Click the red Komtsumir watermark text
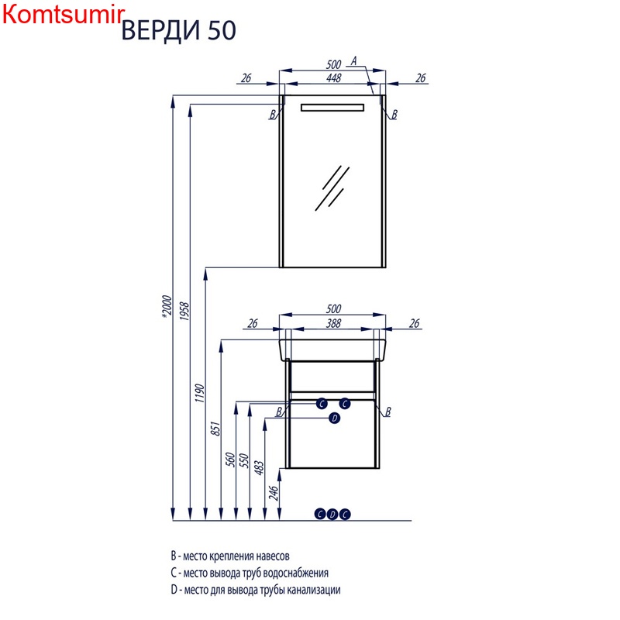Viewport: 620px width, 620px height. point(64,15)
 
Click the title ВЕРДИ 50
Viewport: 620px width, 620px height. point(179,30)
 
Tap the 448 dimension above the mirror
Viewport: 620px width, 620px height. point(333,78)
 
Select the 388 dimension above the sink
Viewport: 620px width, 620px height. point(333,323)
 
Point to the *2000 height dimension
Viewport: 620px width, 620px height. point(167,306)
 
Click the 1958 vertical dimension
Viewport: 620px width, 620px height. point(184,312)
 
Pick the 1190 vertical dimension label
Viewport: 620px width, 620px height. point(200,393)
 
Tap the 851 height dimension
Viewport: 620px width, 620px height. point(215,429)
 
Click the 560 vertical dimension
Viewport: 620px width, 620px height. point(230,460)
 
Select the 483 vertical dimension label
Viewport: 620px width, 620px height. point(259,468)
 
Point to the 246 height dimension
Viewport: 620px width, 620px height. point(274,493)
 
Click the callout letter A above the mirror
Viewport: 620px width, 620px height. point(354,61)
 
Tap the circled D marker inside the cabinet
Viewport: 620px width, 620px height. point(335,418)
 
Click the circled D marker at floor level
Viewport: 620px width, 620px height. point(332,514)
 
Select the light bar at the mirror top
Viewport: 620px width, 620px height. point(332,108)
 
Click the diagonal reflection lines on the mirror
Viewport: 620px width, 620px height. point(332,188)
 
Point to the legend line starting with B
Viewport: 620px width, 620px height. point(230,556)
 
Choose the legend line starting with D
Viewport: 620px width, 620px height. point(256,590)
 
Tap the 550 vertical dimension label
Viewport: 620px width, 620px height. point(244,460)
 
